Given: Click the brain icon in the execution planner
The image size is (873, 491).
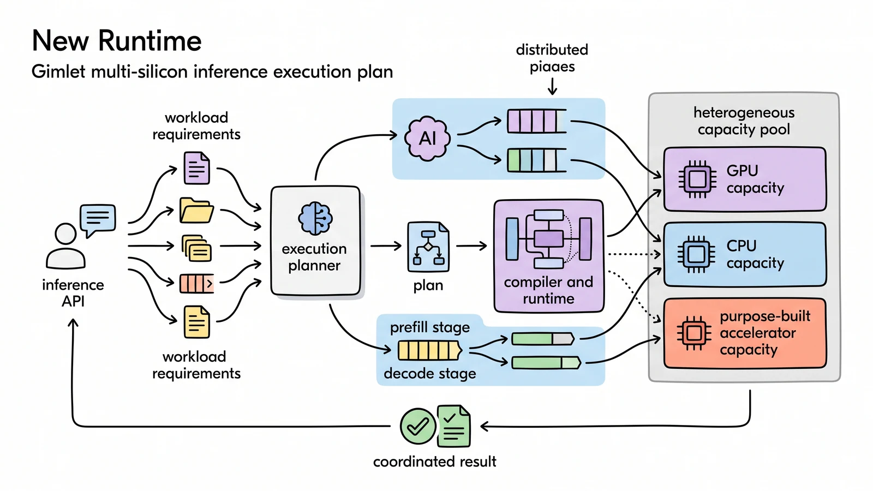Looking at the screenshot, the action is pos(315,218).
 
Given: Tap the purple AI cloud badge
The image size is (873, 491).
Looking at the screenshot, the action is pos(428,139).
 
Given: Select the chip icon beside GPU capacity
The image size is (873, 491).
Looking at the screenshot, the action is pos(697,179).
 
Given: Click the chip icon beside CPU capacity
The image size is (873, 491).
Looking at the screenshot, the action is pos(696,254).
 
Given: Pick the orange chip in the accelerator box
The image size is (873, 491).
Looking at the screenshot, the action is pos(694,333).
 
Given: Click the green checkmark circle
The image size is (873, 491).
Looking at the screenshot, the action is pos(418,426).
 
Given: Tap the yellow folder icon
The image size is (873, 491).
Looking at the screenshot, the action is pos(196,211).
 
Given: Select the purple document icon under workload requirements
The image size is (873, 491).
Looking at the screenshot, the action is pos(197,168).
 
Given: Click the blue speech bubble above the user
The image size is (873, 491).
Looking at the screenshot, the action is pos(98,220).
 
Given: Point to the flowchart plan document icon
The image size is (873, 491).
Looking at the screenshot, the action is pos(428,247).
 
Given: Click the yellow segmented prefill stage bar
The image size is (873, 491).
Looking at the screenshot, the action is pos(429,350).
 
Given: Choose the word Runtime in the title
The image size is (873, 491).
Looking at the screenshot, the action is pos(150,40).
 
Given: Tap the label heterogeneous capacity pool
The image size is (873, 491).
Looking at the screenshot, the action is pos(744,121).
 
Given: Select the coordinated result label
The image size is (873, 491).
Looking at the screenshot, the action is pos(434,462).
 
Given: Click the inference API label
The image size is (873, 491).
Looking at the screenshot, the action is pos(73,293).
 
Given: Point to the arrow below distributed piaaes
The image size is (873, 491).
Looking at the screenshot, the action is pos(552,86).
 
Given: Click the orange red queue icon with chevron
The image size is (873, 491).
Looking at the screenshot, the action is pos(196,283).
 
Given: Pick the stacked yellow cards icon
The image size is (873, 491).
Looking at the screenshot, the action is pos(197,248).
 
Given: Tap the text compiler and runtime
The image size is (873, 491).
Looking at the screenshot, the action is pos(548,290).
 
